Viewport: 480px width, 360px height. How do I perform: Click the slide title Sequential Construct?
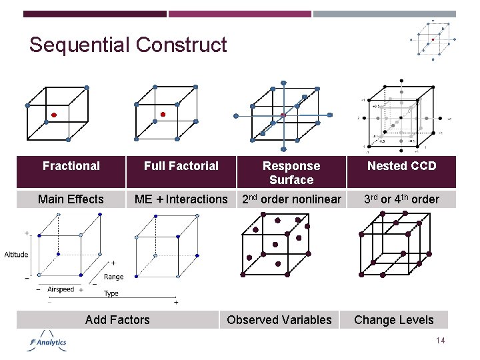tap(128, 45)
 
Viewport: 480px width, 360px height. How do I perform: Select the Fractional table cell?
tap(71, 166)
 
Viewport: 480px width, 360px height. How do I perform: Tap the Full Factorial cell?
tap(181, 166)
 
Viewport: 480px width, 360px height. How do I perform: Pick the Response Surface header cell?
tap(291, 173)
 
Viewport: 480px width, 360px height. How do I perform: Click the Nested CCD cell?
tap(401, 166)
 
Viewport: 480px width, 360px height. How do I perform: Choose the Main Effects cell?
tap(71, 199)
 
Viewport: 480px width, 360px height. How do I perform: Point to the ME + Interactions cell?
tap(181, 199)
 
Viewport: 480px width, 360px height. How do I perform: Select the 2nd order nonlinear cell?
tap(291, 199)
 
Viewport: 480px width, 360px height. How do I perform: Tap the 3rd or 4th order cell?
tap(401, 199)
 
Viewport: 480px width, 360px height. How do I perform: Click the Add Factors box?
tap(117, 320)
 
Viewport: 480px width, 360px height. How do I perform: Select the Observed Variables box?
tap(279, 320)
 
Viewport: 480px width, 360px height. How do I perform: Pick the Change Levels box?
tap(393, 320)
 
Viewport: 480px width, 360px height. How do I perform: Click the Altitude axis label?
tap(16, 255)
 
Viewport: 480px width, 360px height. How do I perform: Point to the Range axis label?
tap(113, 277)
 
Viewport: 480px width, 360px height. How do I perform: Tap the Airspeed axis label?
tap(61, 290)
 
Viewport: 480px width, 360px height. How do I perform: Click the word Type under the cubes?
tap(111, 293)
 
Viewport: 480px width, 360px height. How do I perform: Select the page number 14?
tap(440, 341)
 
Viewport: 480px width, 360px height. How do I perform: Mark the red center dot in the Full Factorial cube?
tap(163, 115)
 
